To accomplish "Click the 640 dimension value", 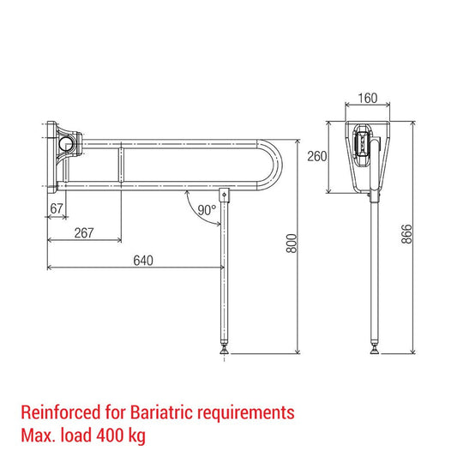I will pyautogui.click(x=143, y=261).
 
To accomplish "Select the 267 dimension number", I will pyautogui.click(x=85, y=232).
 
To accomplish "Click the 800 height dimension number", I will pyautogui.click(x=291, y=244).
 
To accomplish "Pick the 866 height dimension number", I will pyautogui.click(x=407, y=233).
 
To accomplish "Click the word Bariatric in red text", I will pyautogui.click(x=153, y=412).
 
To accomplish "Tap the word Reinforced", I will pyautogui.click(x=57, y=412).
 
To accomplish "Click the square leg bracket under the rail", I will pyautogui.click(x=225, y=195).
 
